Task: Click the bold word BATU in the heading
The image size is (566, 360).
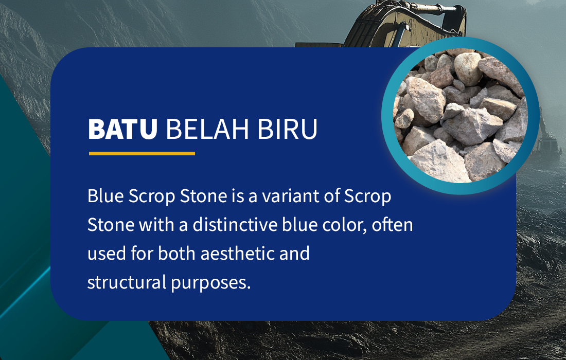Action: pyautogui.click(x=123, y=129)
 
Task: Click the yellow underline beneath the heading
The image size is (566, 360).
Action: pyautogui.click(x=142, y=153)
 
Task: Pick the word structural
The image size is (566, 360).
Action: pyautogui.click(x=127, y=282)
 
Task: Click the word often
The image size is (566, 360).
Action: pyautogui.click(x=393, y=224)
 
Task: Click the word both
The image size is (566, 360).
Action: pyautogui.click(x=176, y=253)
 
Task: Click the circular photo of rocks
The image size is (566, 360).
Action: pyautogui.click(x=461, y=116)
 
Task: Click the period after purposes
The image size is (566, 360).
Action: pyautogui.click(x=249, y=288)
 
